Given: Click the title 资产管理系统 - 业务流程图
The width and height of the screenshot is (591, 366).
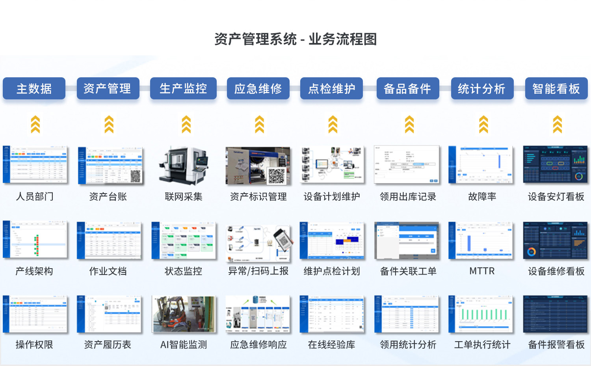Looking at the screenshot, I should point(295,39).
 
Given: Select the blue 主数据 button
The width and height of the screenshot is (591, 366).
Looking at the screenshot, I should point(34,88).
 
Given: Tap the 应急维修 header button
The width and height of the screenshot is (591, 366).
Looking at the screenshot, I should point(258,88).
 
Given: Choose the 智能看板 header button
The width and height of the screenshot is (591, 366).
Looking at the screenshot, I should point(556,88).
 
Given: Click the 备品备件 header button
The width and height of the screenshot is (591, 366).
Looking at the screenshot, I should point(407,88).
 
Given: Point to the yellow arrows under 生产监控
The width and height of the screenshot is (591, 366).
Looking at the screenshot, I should point(186,124).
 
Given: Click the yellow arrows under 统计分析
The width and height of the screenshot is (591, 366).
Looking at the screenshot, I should point(483,124).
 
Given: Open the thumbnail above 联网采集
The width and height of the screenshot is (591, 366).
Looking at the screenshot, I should point(184,165).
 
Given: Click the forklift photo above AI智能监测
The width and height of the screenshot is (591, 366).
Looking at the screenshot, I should point(184,314).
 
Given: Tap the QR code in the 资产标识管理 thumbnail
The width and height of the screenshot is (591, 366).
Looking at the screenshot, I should point(277,176).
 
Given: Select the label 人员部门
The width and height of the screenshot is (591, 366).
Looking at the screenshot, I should point(35,196).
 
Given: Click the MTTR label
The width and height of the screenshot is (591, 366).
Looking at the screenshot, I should point(482,271).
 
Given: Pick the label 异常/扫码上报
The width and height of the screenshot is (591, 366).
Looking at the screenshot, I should point(258,271).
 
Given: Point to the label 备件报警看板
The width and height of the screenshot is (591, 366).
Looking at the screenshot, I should point(556,345).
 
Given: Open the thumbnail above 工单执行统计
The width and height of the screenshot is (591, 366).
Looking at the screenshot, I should point(481,314).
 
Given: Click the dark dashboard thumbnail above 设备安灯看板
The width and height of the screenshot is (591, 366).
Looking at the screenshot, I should point(555,164).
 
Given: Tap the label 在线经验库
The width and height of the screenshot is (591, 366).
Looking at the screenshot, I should point(331,345).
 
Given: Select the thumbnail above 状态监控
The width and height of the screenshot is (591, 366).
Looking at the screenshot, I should point(184,240).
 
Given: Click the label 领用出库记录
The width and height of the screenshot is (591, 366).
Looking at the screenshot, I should point(408,196).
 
